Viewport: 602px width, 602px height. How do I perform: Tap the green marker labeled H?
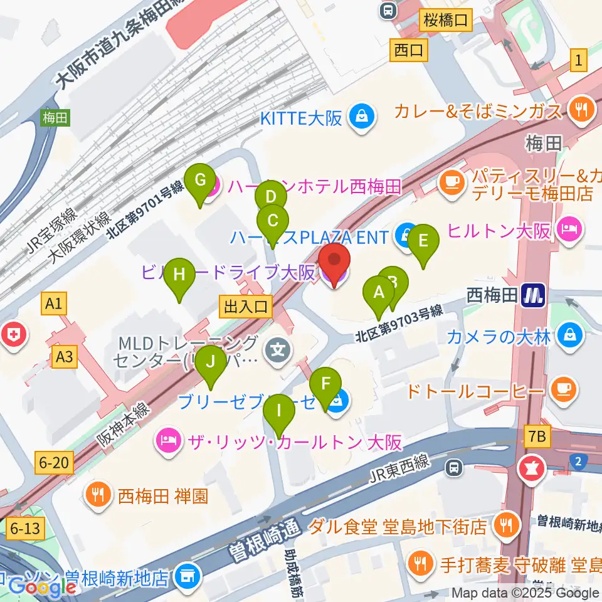click(x=180, y=276)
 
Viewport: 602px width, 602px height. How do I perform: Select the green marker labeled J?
click(x=210, y=363)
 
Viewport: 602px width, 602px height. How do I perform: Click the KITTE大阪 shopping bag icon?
click(x=362, y=116)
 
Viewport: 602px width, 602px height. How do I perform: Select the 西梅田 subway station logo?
click(x=532, y=294)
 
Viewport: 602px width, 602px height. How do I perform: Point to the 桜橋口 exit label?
click(x=445, y=20)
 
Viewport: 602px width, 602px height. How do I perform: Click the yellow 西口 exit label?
click(x=409, y=50)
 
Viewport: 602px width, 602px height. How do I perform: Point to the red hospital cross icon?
click(x=13, y=335)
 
